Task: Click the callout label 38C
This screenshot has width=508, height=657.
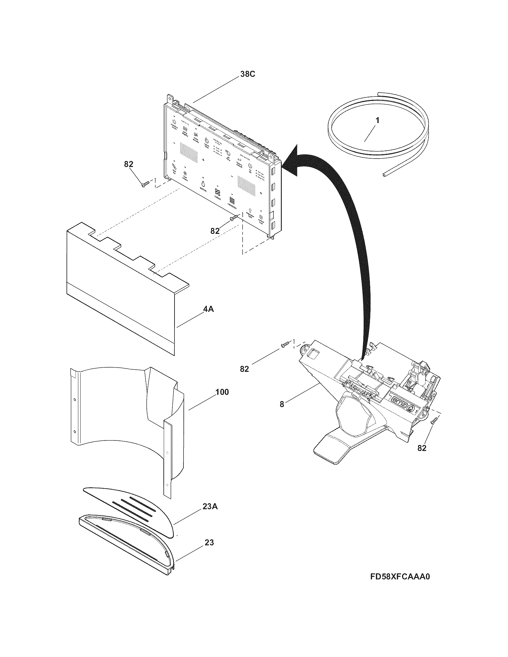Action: point(247,74)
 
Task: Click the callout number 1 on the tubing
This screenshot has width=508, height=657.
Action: point(377,121)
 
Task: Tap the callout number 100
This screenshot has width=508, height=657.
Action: point(222,392)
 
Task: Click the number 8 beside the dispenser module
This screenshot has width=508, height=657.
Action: point(282,404)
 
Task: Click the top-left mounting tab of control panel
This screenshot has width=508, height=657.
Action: point(171,99)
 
